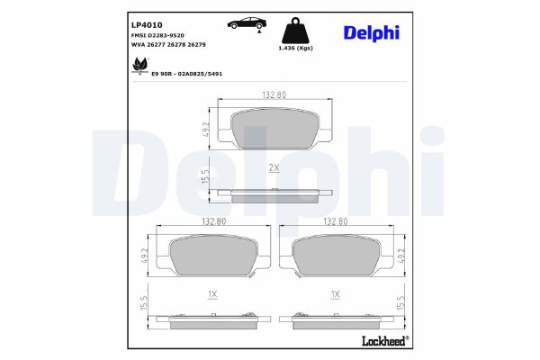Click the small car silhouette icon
click(242, 23)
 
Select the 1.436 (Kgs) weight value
click(296, 48)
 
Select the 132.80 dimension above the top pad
click(274, 94)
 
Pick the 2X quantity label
click(274, 168)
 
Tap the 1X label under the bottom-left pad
click(212, 294)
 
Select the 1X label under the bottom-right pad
click(335, 294)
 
